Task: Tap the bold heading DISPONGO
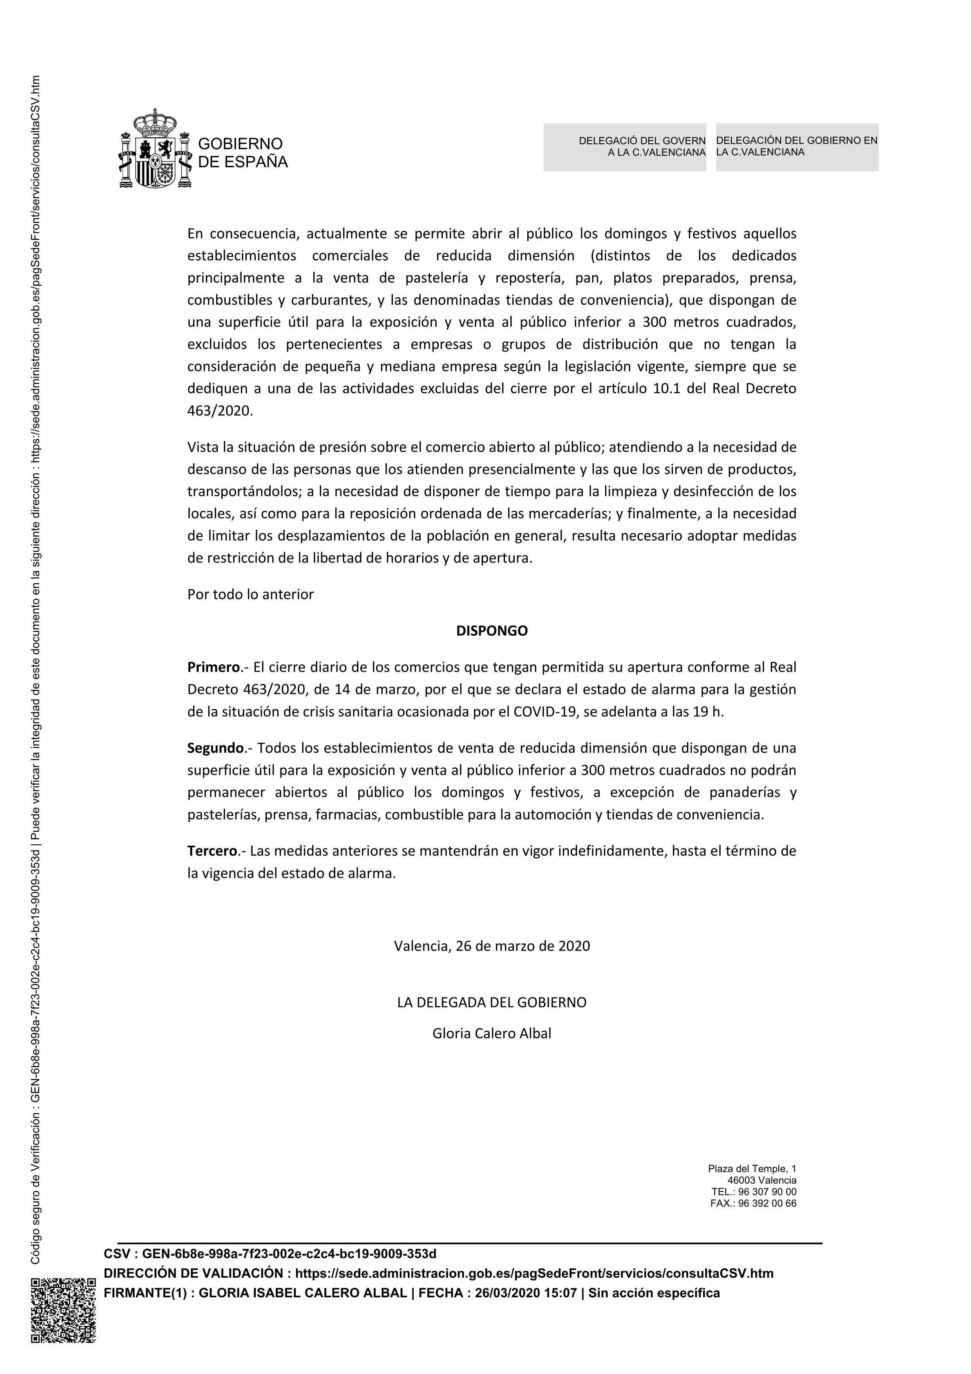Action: pyautogui.click(x=492, y=631)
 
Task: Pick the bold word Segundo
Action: pyautogui.click(x=215, y=748)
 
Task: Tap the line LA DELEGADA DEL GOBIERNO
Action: pyautogui.click(x=492, y=1002)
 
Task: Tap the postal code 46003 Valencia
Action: pyautogui.click(x=761, y=1181)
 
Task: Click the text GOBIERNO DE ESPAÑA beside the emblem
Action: pyautogui.click(x=242, y=153)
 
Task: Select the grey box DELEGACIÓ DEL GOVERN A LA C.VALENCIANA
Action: pyautogui.click(x=625, y=147)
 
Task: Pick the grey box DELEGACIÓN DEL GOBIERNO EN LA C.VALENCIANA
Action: pyautogui.click(x=797, y=147)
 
